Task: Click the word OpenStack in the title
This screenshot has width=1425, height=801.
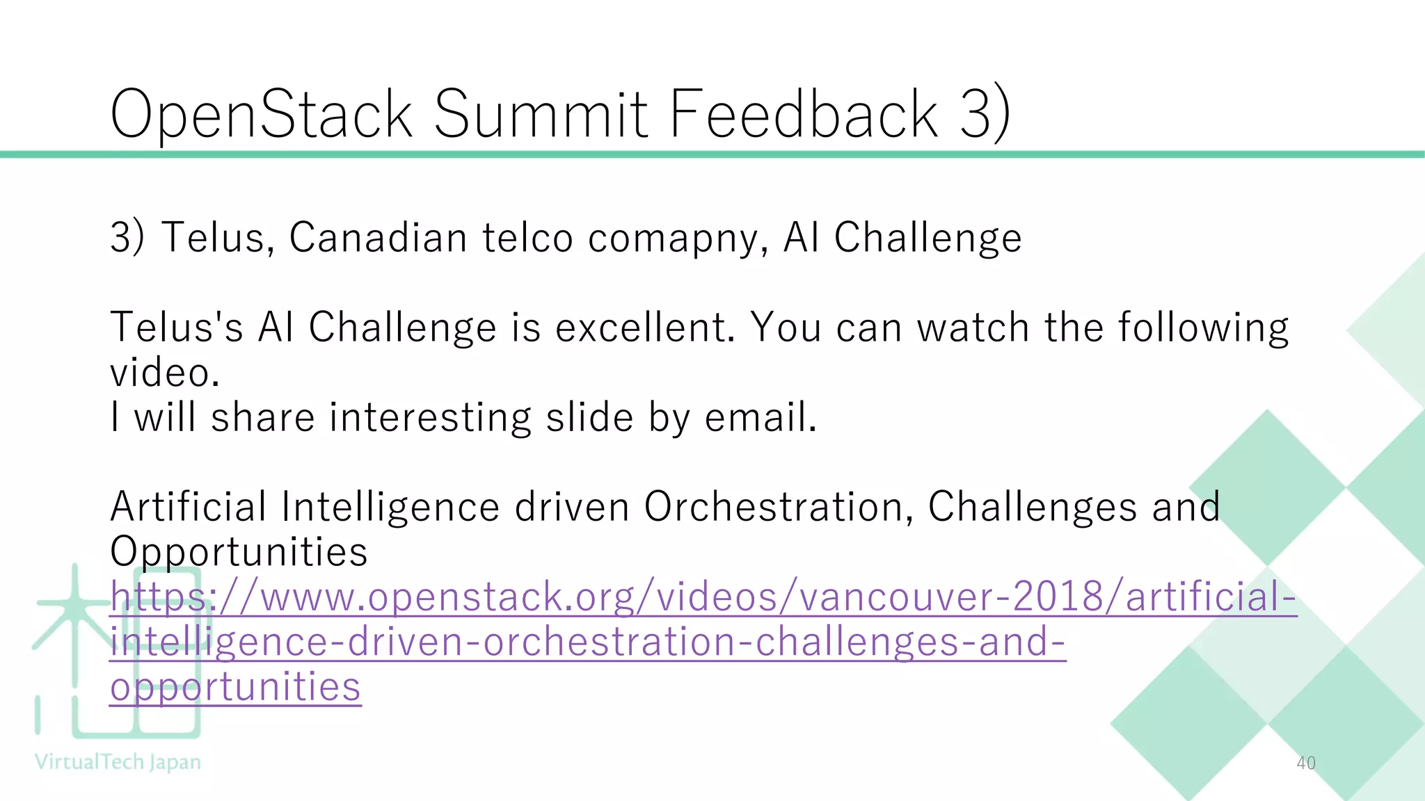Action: tap(262, 115)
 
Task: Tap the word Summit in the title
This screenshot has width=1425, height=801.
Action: tap(541, 115)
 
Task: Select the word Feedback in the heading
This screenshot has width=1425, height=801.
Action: tap(804, 115)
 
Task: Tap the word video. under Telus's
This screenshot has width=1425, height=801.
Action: tap(165, 373)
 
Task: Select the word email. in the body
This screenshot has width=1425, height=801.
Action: tap(761, 418)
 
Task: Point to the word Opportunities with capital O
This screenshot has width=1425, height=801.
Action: tap(239, 552)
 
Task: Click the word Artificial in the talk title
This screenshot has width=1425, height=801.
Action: tap(188, 507)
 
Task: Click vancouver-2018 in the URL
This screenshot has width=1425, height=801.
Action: tap(950, 597)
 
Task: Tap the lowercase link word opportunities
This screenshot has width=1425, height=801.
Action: tap(235, 687)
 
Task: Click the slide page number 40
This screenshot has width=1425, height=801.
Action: tap(1306, 763)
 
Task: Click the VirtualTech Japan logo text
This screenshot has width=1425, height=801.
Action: tap(118, 762)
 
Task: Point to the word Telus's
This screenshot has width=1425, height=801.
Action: tap(177, 327)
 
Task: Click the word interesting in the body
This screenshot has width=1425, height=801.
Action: tap(430, 418)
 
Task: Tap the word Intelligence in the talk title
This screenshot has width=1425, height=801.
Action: tap(390, 507)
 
